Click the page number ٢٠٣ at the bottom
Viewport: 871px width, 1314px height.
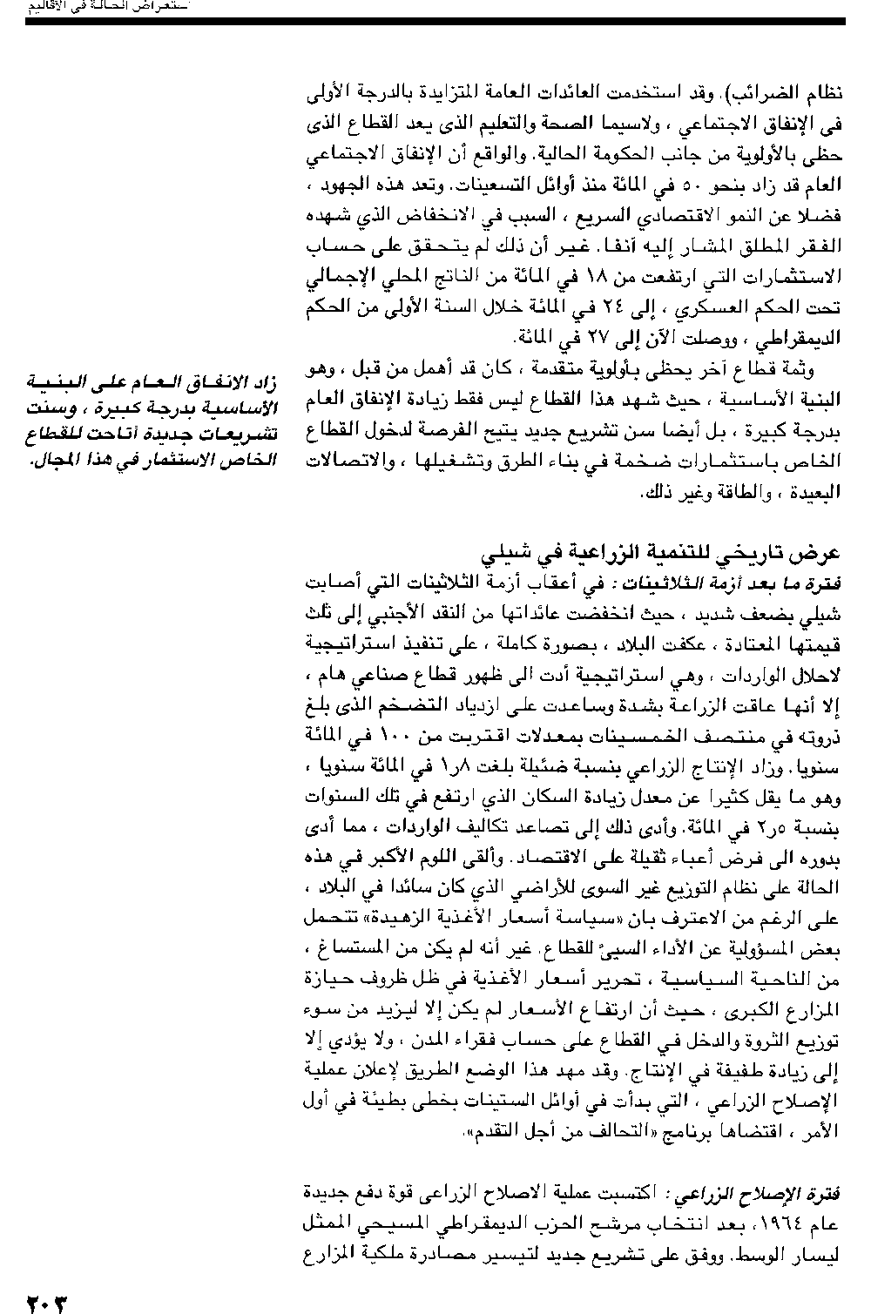46,1303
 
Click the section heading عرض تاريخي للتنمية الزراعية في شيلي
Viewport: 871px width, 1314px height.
661,555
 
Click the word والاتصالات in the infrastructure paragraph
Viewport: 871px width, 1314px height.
350,462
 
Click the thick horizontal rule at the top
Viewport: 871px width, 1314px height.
435,21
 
